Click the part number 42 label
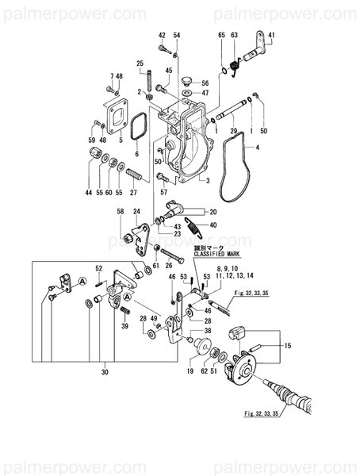[161, 36]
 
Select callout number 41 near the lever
[270, 36]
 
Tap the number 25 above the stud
[139, 63]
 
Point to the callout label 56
[205, 83]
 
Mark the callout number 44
[89, 193]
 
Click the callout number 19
[191, 370]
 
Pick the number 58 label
[121, 212]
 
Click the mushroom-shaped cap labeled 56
[188, 81]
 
